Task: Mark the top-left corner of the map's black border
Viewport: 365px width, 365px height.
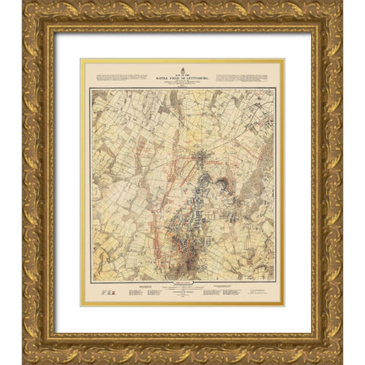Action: pyautogui.click(x=90, y=89)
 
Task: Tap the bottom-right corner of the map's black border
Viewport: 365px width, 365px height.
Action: pyautogui.click(x=275, y=281)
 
